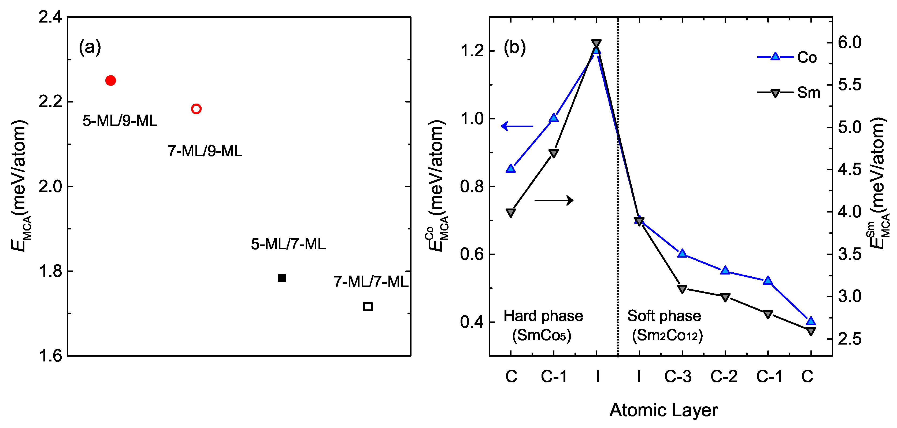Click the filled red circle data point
pyautogui.click(x=110, y=81)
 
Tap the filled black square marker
pyautogui.click(x=282, y=278)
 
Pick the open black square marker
pyautogui.click(x=368, y=306)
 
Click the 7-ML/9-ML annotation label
pyautogui.click(x=205, y=151)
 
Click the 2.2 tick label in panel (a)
pyautogui.click(x=50, y=101)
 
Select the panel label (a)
pyautogui.click(x=90, y=47)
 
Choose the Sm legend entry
pyautogui.click(x=788, y=93)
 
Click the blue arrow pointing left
pyautogui.click(x=517, y=126)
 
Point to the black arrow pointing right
pyautogui.click(x=554, y=200)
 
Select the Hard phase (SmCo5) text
pyautogui.click(x=543, y=325)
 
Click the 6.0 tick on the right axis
pyautogui.click(x=850, y=42)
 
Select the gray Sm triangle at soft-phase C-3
pyautogui.click(x=682, y=289)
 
